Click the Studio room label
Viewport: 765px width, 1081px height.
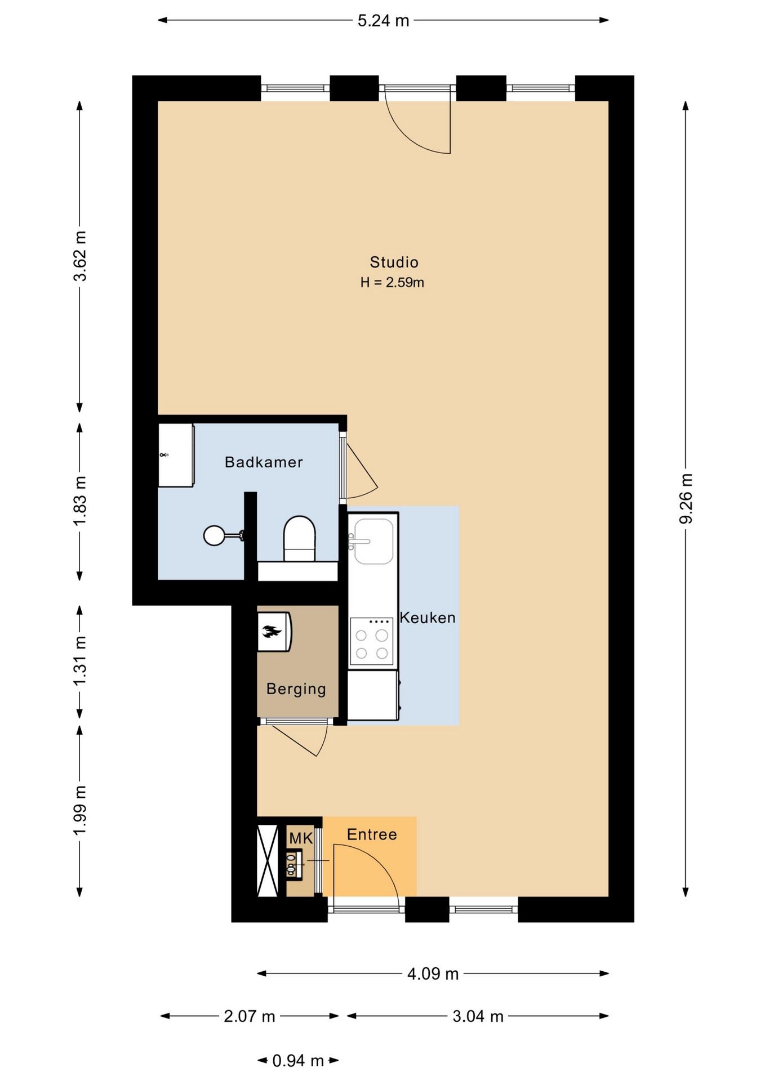point(394,262)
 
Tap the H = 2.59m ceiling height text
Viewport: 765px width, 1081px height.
point(392,282)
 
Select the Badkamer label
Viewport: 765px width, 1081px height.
point(264,462)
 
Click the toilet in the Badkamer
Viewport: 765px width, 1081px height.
point(299,538)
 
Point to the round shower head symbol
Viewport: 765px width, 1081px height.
point(214,535)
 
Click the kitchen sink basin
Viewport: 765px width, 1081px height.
point(373,541)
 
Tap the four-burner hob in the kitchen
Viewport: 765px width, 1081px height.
point(371,641)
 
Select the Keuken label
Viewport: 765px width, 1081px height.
point(428,618)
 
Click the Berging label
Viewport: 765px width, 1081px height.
point(296,689)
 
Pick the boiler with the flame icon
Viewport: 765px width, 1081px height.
point(274,632)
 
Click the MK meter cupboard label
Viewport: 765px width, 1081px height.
point(301,838)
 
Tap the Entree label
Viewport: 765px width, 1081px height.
point(372,834)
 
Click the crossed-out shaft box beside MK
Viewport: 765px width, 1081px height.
point(268,860)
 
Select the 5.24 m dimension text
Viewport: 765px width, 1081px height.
point(383,21)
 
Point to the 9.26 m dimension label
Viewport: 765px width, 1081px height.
point(686,498)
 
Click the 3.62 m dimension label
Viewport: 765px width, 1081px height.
point(80,256)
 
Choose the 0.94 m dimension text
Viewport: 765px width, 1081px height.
point(298,1061)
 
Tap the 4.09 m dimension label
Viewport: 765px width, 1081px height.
point(433,973)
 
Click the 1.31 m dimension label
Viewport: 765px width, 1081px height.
point(80,661)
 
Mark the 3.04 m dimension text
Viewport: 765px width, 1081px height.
point(478,1016)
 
